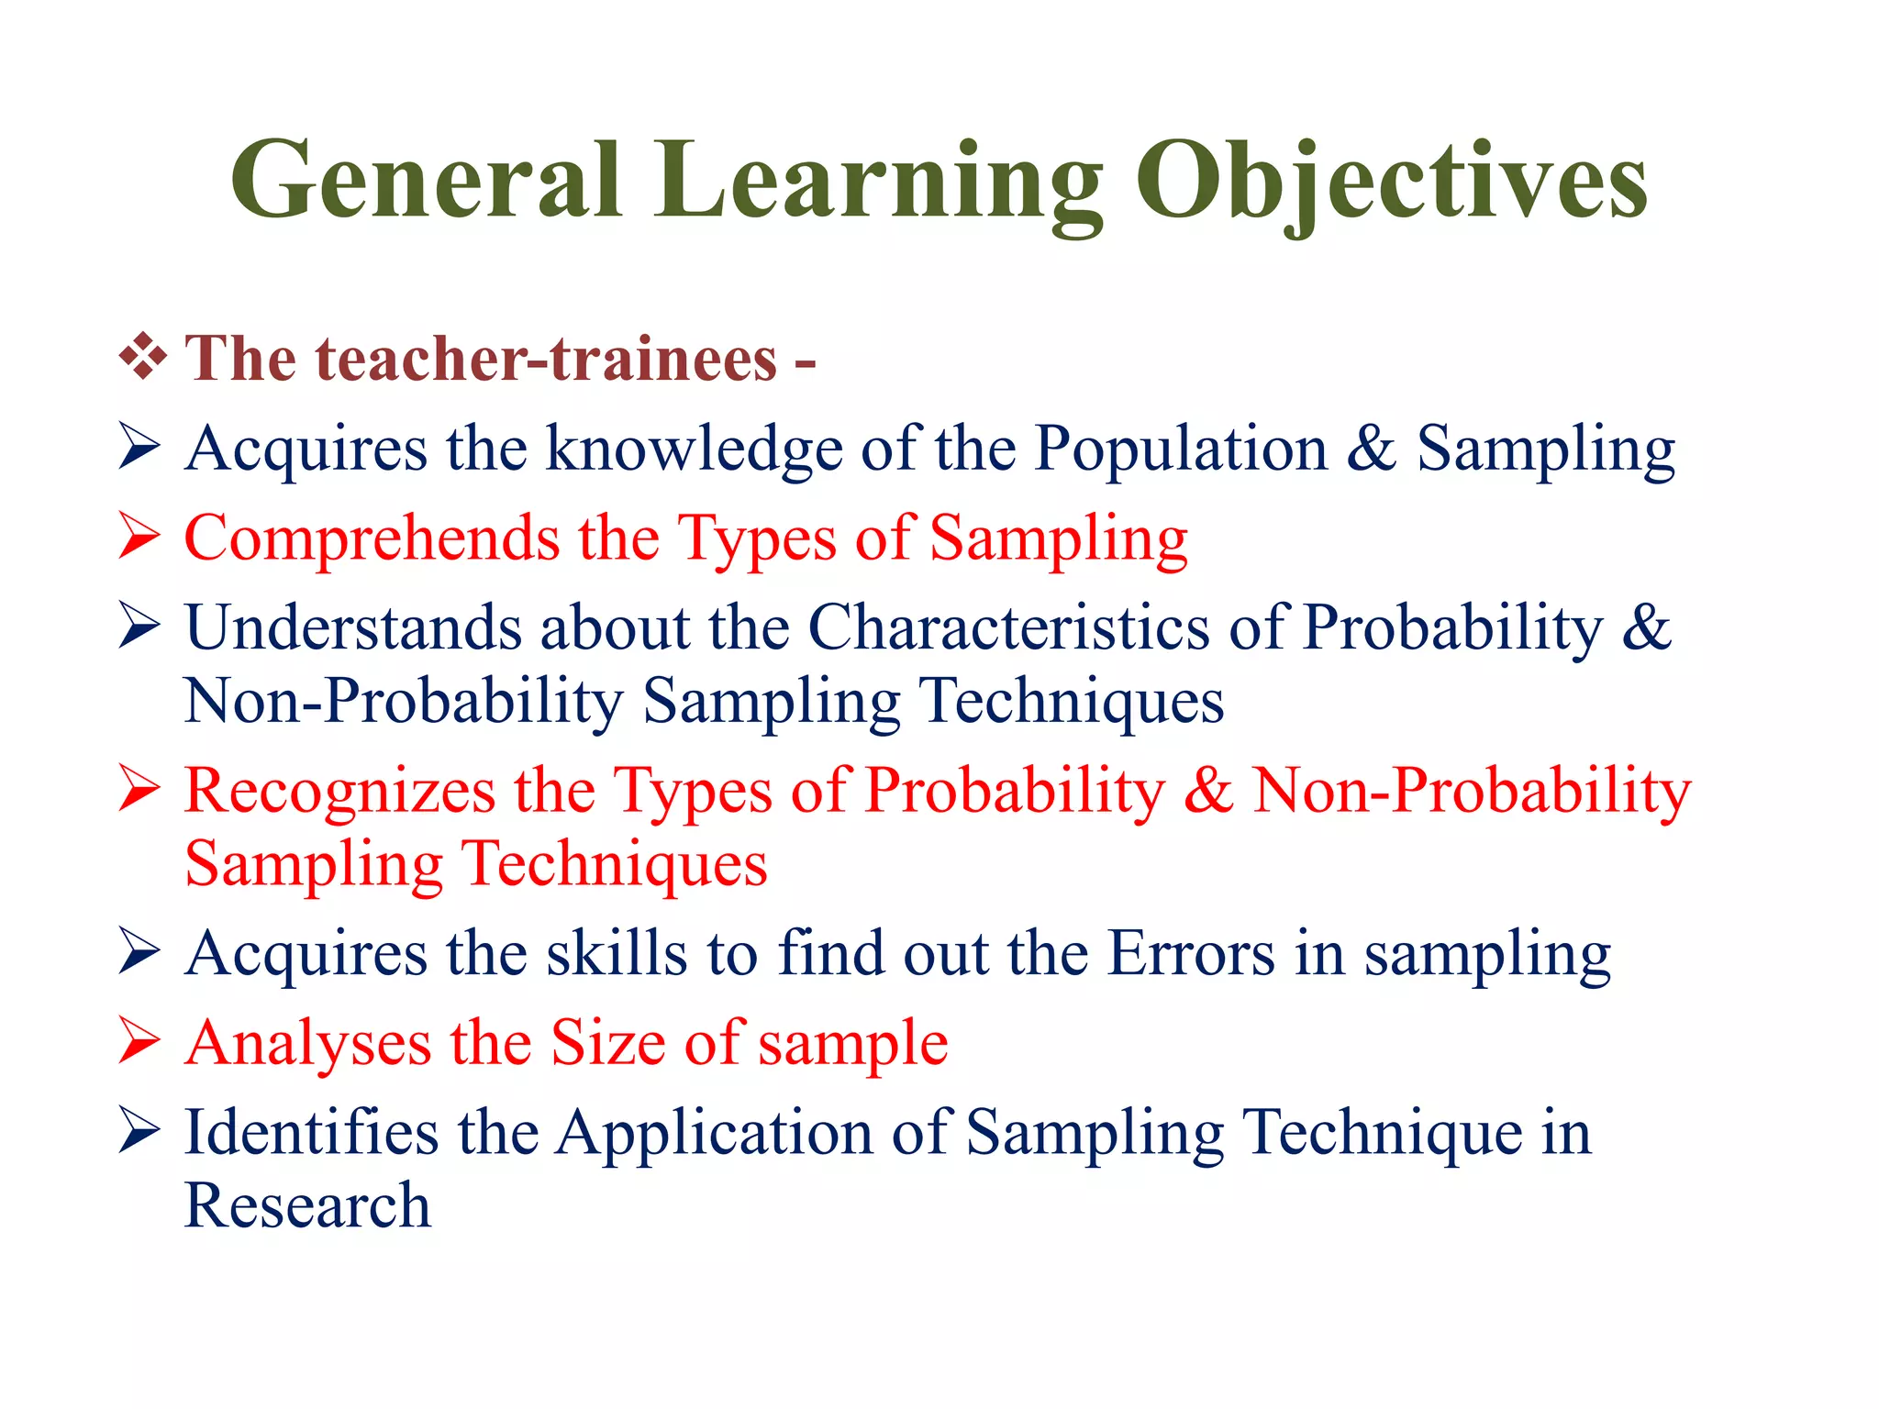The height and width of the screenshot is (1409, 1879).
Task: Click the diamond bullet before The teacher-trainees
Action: tap(143, 358)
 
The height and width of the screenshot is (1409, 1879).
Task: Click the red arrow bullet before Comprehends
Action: tap(139, 538)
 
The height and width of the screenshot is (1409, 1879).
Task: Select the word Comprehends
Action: tap(372, 538)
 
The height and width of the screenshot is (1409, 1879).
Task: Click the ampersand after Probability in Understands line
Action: tap(1646, 627)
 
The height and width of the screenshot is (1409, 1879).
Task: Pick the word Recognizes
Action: tap(339, 791)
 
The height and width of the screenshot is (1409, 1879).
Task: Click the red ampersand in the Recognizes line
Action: tap(1207, 791)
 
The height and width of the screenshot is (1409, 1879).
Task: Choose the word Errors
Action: tap(1190, 954)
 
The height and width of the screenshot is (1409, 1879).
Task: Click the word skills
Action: tap(617, 954)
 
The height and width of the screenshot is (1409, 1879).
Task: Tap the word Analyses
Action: tap(307, 1044)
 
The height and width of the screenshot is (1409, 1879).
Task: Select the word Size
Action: tap(606, 1044)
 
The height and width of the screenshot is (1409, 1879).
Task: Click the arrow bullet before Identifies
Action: tap(139, 1132)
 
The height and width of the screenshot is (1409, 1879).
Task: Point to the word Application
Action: tap(715, 1134)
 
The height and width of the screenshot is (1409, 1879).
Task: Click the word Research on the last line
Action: tap(307, 1205)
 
